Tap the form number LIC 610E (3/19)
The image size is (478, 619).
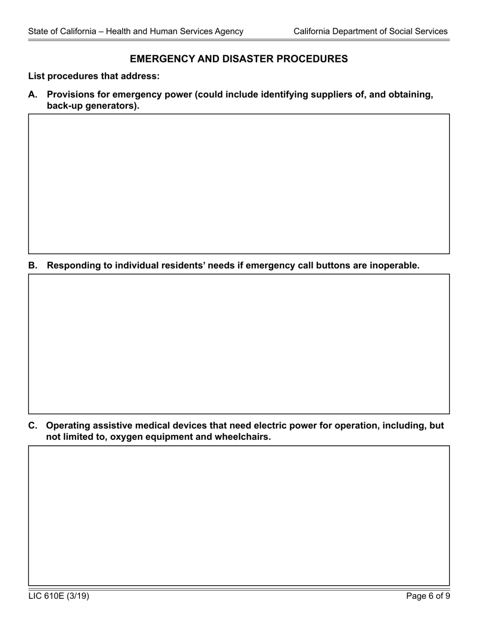pyautogui.click(x=59, y=596)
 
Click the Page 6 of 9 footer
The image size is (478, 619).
pyautogui.click(x=428, y=596)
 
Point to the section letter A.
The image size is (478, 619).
pyautogui.click(x=33, y=95)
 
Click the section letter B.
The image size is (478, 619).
pyautogui.click(x=33, y=266)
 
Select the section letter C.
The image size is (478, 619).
pyautogui.click(x=33, y=426)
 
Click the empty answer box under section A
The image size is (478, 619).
pyautogui.click(x=238, y=184)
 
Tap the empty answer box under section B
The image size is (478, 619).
pyautogui.click(x=238, y=344)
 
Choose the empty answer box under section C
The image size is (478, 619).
pyautogui.click(x=238, y=515)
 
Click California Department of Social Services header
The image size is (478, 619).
pyautogui.click(x=370, y=31)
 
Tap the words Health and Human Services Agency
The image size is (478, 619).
pyautogui.click(x=175, y=31)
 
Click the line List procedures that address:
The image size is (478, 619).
pyautogui.click(x=94, y=76)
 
